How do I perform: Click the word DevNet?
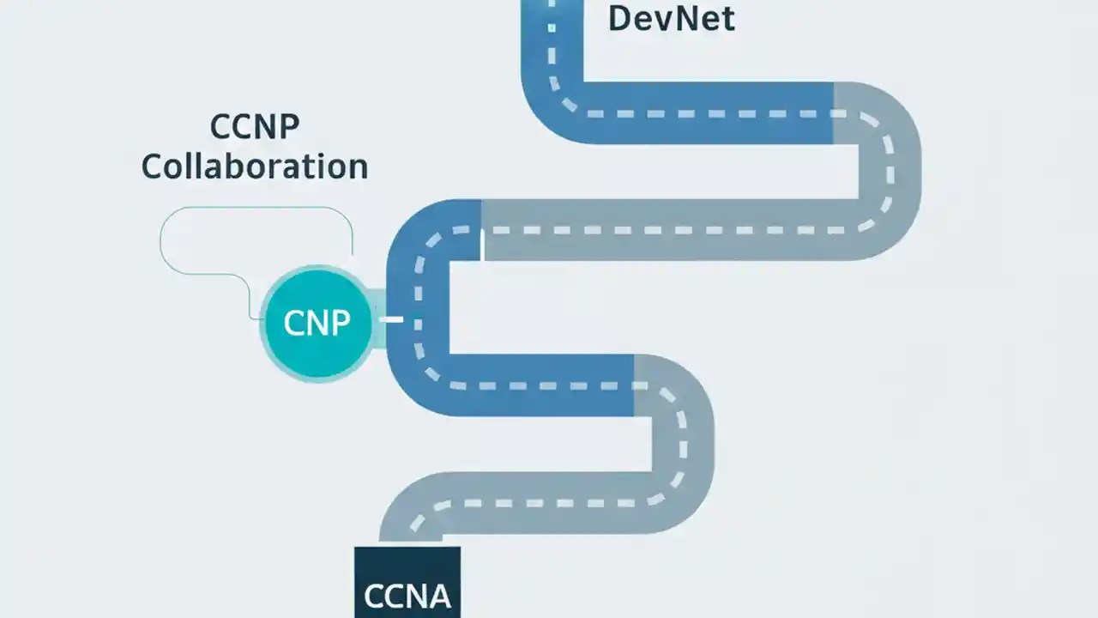pyautogui.click(x=671, y=18)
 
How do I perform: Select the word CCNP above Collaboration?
pyautogui.click(x=255, y=128)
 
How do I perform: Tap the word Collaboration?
pyautogui.click(x=255, y=167)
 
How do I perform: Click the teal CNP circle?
pyautogui.click(x=317, y=324)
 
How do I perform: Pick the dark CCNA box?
pyautogui.click(x=407, y=584)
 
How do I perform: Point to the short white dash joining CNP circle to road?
pyautogui.click(x=391, y=320)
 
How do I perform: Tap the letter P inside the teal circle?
pyautogui.click(x=339, y=324)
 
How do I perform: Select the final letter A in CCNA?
pyautogui.click(x=438, y=595)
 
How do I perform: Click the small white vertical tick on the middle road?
pyautogui.click(x=482, y=245)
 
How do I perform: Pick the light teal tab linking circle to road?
pyautogui.click(x=378, y=319)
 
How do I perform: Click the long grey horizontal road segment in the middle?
pyautogui.click(x=669, y=230)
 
